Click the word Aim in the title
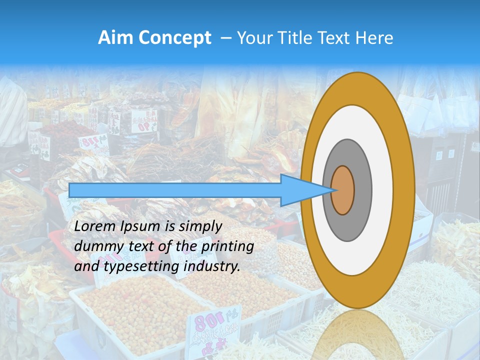tap(115, 38)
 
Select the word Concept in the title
tap(174, 38)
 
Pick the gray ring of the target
tap(362, 190)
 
